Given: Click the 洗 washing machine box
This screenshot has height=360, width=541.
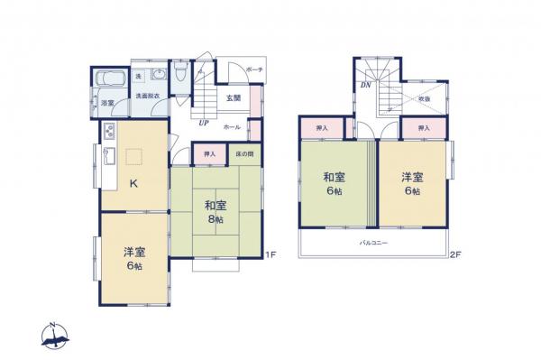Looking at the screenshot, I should tap(138, 76).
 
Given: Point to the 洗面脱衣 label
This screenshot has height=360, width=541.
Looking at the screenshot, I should tap(148, 95).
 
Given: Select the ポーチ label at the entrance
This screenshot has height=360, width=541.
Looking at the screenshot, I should tap(253, 69).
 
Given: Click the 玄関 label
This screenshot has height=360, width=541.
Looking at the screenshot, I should tap(232, 97).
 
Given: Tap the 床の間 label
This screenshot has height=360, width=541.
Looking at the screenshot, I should tap(244, 155).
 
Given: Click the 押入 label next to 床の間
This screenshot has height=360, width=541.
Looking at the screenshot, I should tap(209, 155).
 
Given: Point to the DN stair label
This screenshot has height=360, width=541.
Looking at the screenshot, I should tap(367, 86).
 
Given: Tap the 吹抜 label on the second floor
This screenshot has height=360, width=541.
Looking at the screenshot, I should tap(423, 99).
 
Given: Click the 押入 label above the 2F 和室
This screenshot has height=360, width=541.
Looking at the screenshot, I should tap(322, 129).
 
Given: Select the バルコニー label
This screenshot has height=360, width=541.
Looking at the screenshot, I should tap(373, 244).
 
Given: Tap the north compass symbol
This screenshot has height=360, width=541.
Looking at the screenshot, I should tap(56, 336).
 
